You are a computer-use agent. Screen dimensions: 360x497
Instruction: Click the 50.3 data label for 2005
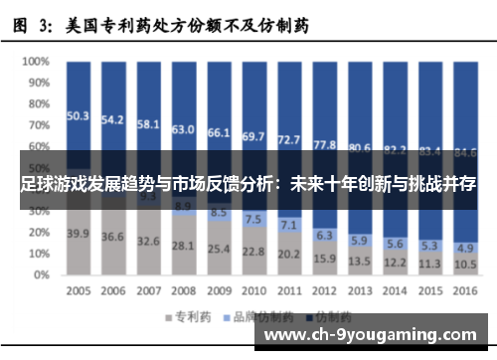pyautogui.click(x=78, y=115)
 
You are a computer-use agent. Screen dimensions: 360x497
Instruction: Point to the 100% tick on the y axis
pyautogui.click(x=36, y=62)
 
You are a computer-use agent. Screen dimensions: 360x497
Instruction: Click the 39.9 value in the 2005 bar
pyautogui.click(x=78, y=233)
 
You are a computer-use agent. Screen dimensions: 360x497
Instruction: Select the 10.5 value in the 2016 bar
pyautogui.click(x=464, y=265)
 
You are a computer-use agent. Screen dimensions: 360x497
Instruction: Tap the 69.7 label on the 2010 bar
pyautogui.click(x=253, y=136)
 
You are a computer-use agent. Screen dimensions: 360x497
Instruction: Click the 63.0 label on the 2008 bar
pyautogui.click(x=183, y=129)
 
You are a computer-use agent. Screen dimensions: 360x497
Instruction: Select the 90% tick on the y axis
pyautogui.click(x=38, y=84)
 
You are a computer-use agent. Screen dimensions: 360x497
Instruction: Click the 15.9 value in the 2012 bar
pyautogui.click(x=324, y=259)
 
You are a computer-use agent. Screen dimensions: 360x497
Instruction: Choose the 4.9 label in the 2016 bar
pyautogui.click(x=464, y=248)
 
